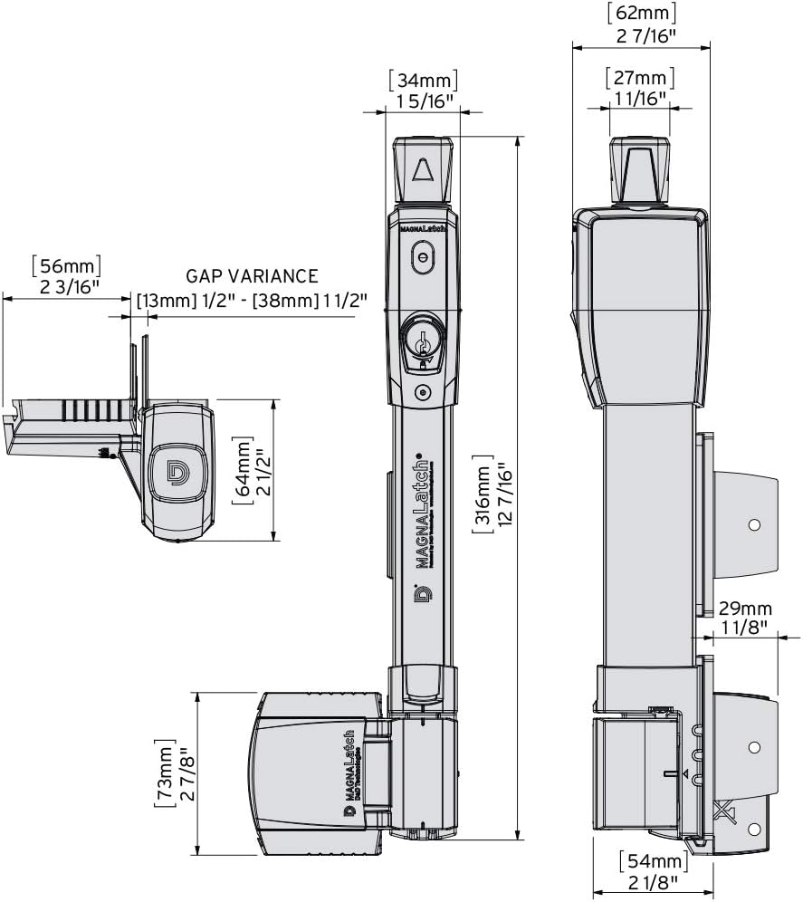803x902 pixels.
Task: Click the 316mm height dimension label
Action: click(x=481, y=496)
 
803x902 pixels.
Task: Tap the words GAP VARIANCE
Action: click(x=252, y=276)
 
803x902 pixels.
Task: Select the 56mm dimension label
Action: click(x=65, y=265)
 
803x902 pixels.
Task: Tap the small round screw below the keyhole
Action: click(x=422, y=392)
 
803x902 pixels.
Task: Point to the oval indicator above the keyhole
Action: click(x=422, y=258)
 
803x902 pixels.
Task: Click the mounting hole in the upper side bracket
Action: click(x=753, y=524)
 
